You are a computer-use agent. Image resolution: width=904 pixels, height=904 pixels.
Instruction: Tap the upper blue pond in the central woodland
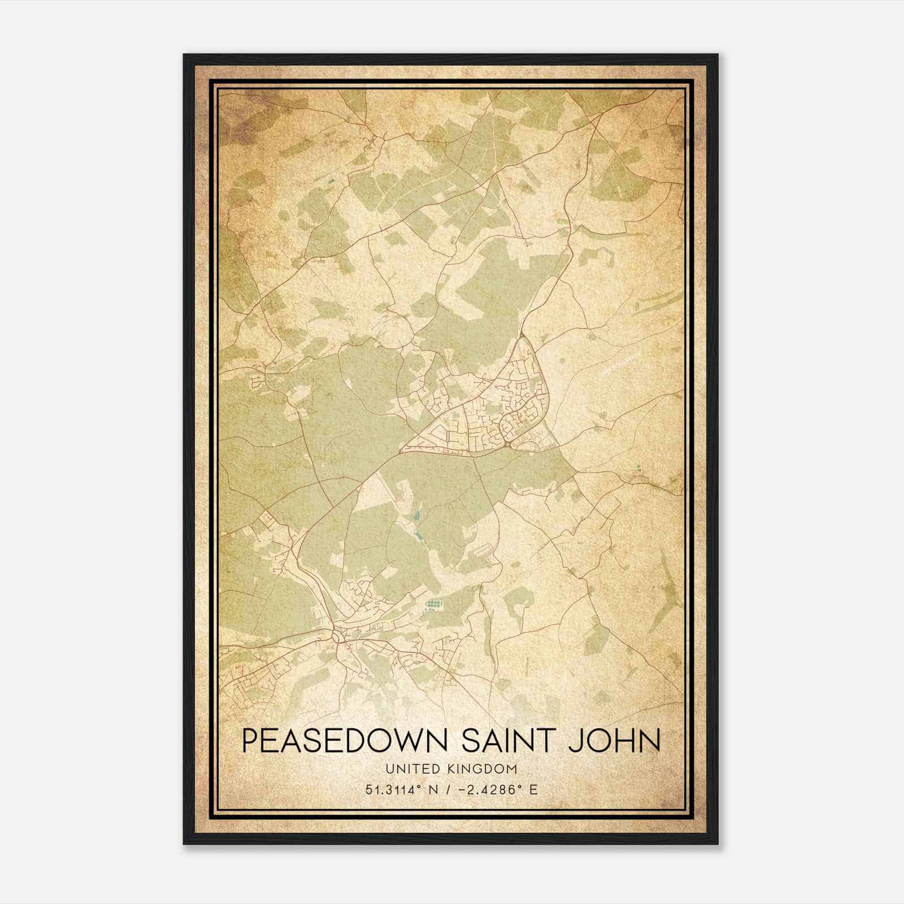[417, 515]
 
